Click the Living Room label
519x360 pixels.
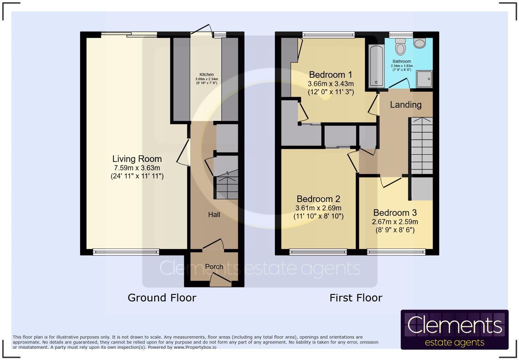coord(137,159)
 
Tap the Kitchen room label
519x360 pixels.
coord(206,75)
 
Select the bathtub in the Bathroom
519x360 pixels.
coord(376,66)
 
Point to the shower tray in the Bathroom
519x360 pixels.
coord(424,79)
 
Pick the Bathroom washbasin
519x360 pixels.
coord(419,43)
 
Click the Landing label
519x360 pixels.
coord(405,105)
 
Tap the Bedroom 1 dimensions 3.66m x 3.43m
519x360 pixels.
coord(331,84)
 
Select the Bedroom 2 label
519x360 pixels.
coord(318,199)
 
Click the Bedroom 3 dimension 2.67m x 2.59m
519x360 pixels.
coord(395,222)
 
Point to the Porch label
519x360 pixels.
coord(214,267)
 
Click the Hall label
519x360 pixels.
coord(214,215)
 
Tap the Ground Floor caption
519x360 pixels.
coord(162,297)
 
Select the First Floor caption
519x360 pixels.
coord(356,297)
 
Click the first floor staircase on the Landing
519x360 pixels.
coord(422,146)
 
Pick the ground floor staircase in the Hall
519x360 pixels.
coord(227,187)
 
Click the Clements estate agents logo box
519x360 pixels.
coord(454,329)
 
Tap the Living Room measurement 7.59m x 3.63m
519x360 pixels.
coord(137,168)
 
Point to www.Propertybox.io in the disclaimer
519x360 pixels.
coord(195,347)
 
